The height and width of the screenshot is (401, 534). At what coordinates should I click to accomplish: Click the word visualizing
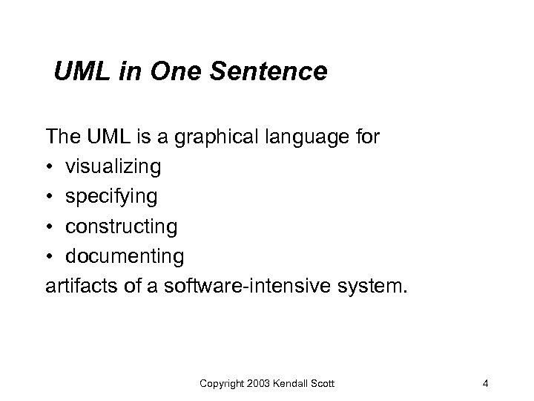113,167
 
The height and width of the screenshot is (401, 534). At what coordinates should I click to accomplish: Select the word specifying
111,197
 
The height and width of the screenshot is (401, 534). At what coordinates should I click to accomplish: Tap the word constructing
121,226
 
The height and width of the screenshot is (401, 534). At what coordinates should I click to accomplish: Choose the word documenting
124,255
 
